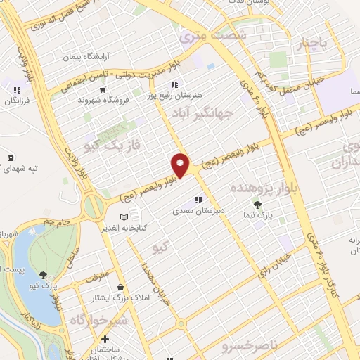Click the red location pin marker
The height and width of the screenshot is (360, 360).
[181, 165]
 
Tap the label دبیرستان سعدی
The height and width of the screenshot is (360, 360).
[198, 210]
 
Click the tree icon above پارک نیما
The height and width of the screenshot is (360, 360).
[258, 205]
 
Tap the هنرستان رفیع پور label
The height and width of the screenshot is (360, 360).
[174, 94]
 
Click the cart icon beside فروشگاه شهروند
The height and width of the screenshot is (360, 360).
[103, 89]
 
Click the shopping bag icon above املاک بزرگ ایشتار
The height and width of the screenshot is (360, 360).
[122, 287]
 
